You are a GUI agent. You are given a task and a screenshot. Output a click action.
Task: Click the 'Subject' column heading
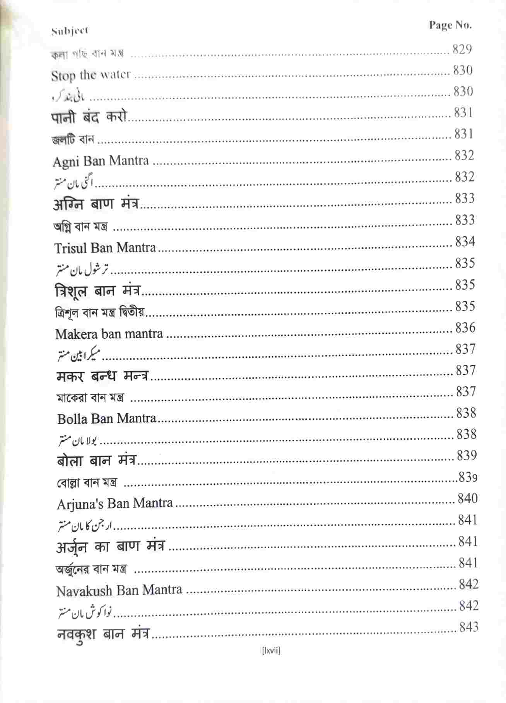pos(70,31)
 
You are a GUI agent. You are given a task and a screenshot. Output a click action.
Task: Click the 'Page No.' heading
pos(450,26)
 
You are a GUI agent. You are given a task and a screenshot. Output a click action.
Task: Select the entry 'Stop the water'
pos(91,75)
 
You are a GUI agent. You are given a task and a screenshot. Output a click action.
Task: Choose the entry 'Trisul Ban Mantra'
pos(105,248)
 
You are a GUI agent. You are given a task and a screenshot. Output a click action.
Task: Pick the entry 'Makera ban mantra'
pos(109,334)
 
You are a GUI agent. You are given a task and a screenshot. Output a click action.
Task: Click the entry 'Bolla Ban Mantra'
pos(107,418)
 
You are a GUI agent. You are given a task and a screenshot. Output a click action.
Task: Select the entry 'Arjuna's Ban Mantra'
pos(115,504)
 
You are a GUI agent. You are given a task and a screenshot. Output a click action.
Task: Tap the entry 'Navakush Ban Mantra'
pos(119,590)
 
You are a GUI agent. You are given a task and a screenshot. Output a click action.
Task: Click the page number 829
pos(462,49)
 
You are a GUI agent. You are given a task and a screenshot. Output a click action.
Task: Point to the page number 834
pos(465,242)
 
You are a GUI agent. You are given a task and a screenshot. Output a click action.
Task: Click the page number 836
pos(465,328)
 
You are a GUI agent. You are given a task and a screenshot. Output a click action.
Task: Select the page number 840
pos(468,498)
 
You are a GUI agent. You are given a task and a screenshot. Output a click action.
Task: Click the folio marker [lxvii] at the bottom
pos(271,651)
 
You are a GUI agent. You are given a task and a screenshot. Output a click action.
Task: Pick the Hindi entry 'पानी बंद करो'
pos(89,117)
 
